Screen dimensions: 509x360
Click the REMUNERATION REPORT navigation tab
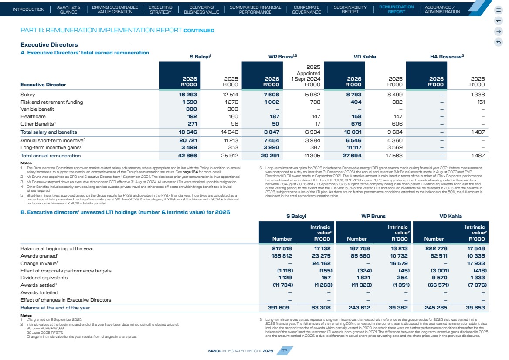coord(397,9)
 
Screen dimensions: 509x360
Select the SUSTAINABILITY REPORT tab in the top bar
coord(350,9)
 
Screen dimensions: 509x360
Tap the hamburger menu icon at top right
coord(499,10)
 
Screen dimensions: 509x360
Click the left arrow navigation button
coord(499,21)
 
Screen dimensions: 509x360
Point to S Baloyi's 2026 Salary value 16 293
coord(188,95)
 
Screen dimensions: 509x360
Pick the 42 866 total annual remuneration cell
coord(187,156)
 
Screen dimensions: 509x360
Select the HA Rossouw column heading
coord(447,57)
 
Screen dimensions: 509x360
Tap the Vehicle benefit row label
coord(37,109)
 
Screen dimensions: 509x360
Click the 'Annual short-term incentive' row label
coord(52,140)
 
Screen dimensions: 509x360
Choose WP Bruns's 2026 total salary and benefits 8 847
coord(270,132)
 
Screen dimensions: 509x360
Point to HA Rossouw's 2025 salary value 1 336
coord(478,95)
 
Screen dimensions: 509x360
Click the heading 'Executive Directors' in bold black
coord(49,44)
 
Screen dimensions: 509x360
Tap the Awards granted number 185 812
coord(282,256)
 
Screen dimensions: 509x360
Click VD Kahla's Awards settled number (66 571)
coord(435,285)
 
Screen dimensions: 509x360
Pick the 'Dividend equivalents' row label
coord(44,278)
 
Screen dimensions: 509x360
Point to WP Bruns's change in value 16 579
coord(399,263)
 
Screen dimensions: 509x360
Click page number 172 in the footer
coord(284,351)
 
